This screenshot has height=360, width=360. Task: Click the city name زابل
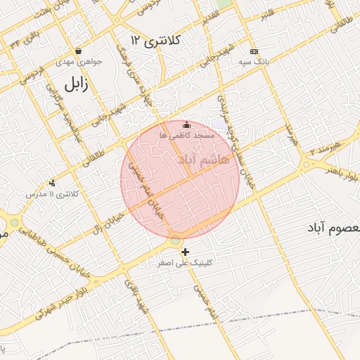point(73,85)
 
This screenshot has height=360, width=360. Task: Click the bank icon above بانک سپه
point(254,51)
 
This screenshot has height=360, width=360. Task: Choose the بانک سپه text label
point(255,62)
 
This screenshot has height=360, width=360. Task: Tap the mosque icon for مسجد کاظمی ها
point(186,124)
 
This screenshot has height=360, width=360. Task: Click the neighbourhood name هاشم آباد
point(205,160)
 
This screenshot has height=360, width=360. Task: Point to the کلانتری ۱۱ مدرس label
point(53,193)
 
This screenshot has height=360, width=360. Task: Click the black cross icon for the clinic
point(185,252)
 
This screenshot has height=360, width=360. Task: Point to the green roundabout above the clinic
point(174,241)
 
